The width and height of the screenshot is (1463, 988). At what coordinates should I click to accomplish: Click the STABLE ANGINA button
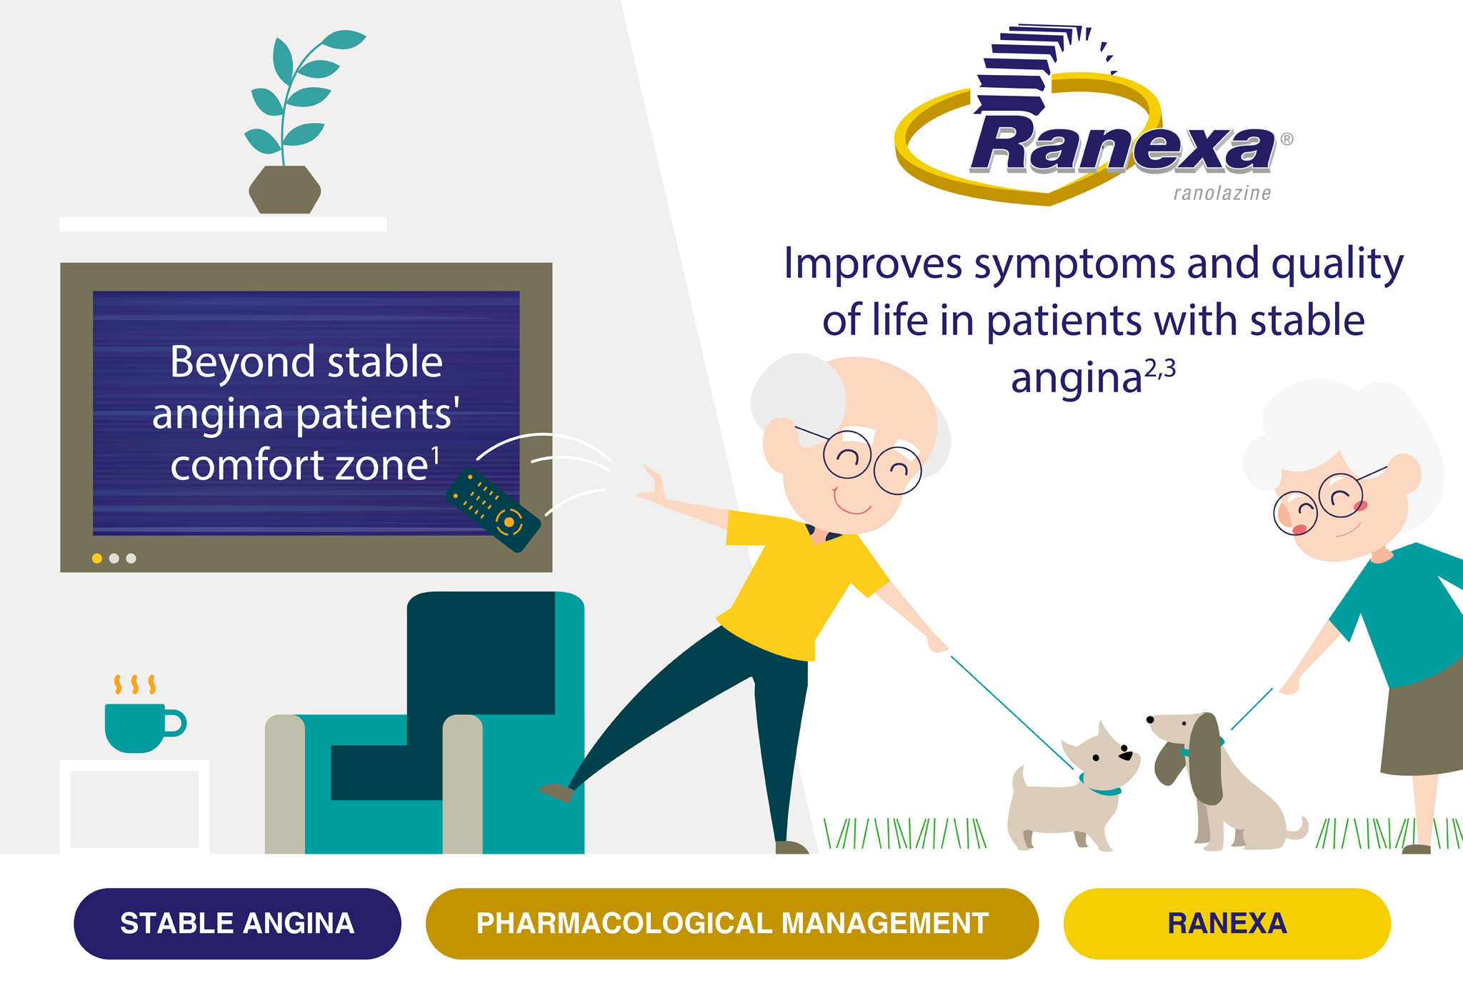coord(237,923)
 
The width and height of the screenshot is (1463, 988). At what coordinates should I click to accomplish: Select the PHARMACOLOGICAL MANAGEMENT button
coord(732,923)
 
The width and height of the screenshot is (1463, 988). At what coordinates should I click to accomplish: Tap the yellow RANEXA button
coord(1227,923)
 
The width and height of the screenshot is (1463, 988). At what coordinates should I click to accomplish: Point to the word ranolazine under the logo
coord(1222,193)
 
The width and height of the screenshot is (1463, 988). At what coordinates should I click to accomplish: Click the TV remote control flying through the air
coord(493,509)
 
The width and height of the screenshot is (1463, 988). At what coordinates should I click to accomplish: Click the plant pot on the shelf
coord(284,189)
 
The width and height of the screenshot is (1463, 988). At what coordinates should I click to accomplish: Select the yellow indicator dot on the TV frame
coord(97,558)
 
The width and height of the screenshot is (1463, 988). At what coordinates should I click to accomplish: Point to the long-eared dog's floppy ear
coord(1206,757)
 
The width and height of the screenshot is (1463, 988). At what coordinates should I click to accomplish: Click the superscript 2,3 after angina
coord(1160,369)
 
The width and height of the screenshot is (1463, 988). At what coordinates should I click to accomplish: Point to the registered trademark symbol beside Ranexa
coord(1287,139)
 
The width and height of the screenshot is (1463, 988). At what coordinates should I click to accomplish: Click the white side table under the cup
coord(134,807)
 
